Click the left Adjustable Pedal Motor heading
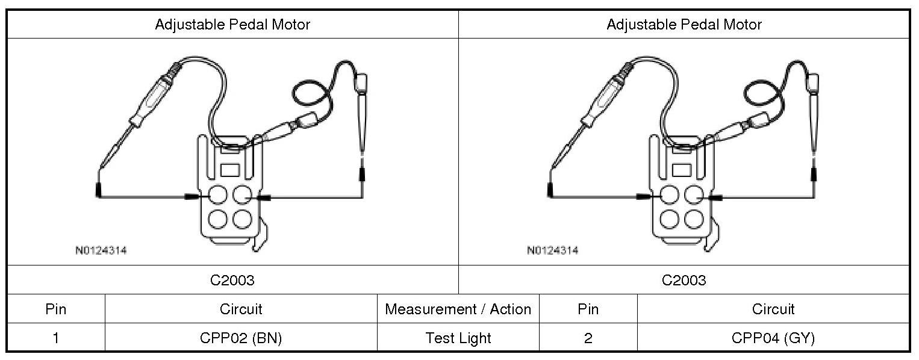point(232,25)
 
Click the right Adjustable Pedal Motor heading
point(684,25)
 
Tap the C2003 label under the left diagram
point(232,281)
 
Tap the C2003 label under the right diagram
point(684,281)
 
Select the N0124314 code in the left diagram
point(101,250)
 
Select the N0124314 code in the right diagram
point(553,250)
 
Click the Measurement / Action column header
point(458,309)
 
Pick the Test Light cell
point(458,338)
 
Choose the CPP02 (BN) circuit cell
point(241,338)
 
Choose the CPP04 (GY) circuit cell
point(773,338)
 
